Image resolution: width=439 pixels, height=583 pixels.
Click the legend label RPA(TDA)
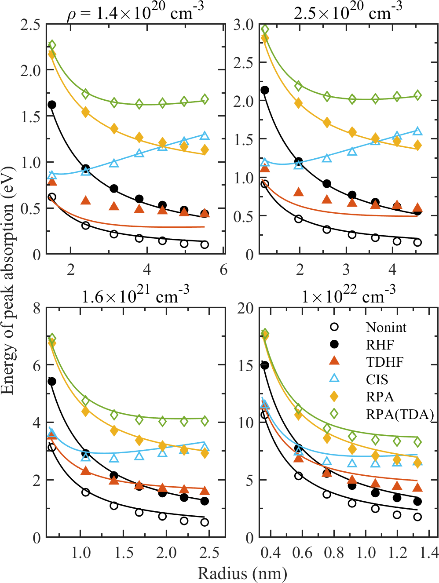399,414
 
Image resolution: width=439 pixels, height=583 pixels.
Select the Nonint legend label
386,327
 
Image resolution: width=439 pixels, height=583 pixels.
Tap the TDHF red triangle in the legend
334,361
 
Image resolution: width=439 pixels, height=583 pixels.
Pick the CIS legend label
377,379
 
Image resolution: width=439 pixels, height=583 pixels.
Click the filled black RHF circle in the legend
334,344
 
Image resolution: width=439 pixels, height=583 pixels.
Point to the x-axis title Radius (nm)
242,573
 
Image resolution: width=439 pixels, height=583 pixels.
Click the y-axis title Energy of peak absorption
8,281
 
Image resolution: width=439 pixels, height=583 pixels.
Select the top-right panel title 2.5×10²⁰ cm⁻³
348,12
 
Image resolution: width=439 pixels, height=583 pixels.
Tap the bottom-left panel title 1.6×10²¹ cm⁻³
135,296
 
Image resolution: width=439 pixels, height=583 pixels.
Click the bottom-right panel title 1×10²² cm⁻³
348,296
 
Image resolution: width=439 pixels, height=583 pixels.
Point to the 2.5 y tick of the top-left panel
30,25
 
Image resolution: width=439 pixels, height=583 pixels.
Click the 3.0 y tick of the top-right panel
243,25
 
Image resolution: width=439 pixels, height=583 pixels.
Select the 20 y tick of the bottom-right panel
245,308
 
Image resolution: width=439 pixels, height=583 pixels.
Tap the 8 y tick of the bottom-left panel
37,308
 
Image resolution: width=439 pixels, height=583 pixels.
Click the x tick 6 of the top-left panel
223,270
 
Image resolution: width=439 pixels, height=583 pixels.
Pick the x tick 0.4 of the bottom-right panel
270,553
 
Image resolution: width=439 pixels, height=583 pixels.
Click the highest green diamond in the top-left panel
52,45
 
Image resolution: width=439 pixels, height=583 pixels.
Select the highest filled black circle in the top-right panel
265,90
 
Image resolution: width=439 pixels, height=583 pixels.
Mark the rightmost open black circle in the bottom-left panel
205,522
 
